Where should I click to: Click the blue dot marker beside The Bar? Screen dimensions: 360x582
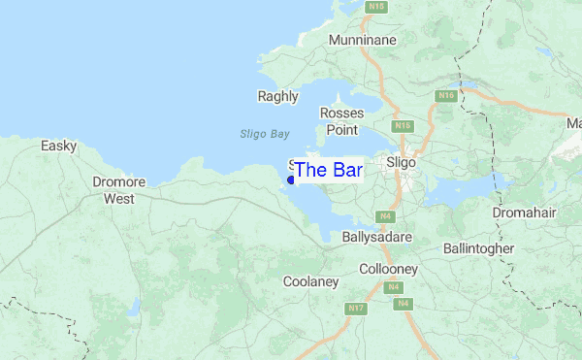tap(291, 180)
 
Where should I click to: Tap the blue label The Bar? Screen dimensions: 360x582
tap(328, 171)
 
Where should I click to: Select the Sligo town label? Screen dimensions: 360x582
tap(401, 163)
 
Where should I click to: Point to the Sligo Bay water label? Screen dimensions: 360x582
tap(264, 134)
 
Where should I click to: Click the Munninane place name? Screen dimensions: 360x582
tap(365, 41)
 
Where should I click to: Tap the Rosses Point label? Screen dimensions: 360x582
tap(341, 121)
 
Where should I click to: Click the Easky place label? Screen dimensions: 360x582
tap(58, 146)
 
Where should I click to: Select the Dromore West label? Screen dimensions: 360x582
tap(119, 190)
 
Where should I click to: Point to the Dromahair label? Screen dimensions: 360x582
tap(523, 212)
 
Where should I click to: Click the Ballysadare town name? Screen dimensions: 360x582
tap(377, 237)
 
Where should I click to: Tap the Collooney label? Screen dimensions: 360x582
tap(388, 268)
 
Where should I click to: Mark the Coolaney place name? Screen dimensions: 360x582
tap(310, 281)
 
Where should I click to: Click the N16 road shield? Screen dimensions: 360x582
tap(445, 96)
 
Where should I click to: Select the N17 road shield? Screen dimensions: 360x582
tap(357, 309)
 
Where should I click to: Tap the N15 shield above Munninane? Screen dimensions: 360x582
tap(377, 7)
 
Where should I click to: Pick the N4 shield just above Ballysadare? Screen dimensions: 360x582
tap(386, 215)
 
